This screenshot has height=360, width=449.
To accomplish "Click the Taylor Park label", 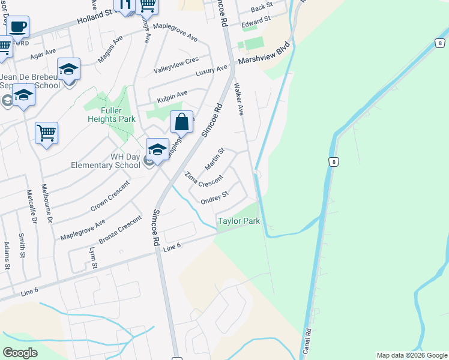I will pyautogui.click(x=239, y=221).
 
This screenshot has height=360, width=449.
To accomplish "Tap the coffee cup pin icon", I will pyautogui.click(x=17, y=28).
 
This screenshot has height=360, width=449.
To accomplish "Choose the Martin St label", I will pyautogui.click(x=214, y=158).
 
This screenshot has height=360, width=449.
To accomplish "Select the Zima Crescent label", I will pyautogui.click(x=203, y=179).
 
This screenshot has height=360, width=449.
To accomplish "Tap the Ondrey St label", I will pyautogui.click(x=214, y=197).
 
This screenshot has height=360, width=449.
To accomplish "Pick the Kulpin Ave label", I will pyautogui.click(x=172, y=94).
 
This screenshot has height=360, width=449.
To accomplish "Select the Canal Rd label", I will pyautogui.click(x=308, y=339).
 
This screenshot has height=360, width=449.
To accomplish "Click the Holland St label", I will pyautogui.click(x=95, y=16).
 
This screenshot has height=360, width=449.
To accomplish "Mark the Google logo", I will pyautogui.click(x=20, y=352).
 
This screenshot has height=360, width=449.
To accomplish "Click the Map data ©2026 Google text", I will pyautogui.click(x=411, y=355).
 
